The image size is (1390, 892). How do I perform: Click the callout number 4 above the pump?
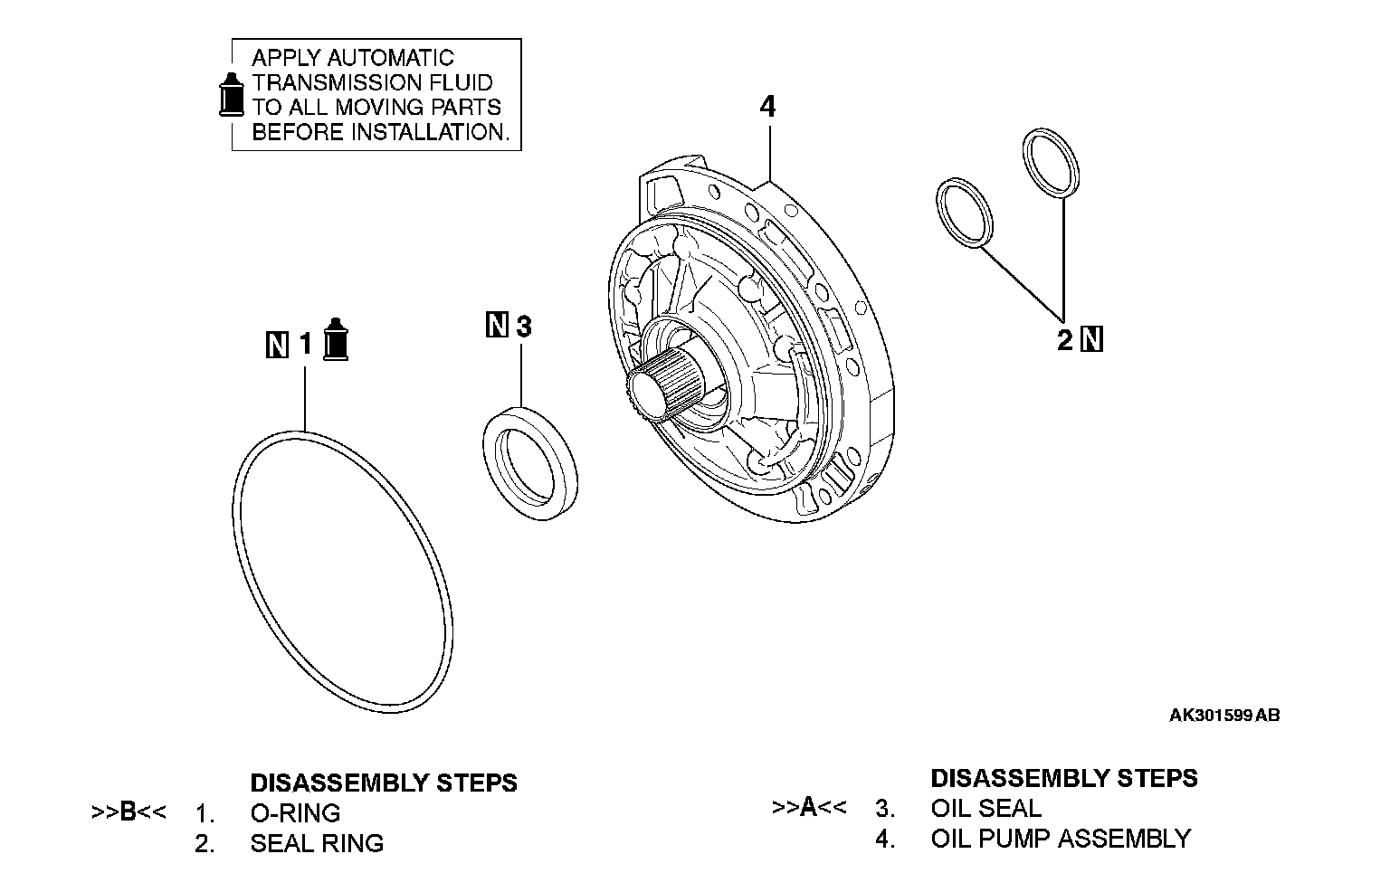[x=767, y=107]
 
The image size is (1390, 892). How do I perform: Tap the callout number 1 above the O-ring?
[x=305, y=344]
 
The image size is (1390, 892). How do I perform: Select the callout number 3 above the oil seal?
[x=523, y=326]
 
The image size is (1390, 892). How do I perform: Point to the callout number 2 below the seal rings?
[x=1064, y=340]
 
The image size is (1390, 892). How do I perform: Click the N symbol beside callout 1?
[x=278, y=345]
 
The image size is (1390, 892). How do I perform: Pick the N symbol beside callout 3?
[x=497, y=325]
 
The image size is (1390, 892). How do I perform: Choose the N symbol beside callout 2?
[x=1092, y=340]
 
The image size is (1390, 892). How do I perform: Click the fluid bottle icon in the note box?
[x=233, y=94]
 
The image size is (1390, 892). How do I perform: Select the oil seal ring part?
[x=529, y=463]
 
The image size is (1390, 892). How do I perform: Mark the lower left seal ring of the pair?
[x=965, y=214]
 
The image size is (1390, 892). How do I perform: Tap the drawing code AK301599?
[x=1210, y=716]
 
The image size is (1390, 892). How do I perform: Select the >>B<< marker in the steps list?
[x=129, y=812]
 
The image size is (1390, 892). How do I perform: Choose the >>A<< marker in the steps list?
[x=809, y=808]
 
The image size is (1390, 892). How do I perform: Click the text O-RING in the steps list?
[x=295, y=812]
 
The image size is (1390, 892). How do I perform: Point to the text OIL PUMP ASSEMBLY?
[x=1061, y=839]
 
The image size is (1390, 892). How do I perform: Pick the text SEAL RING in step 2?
[x=317, y=843]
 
